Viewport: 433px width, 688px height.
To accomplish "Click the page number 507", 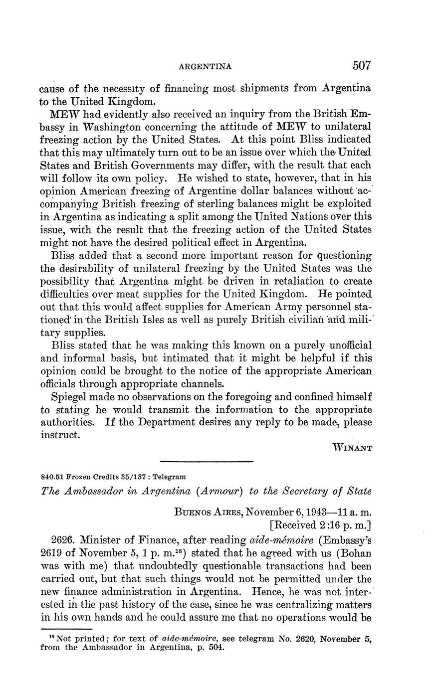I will pos(362,65).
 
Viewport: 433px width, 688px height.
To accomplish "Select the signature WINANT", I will pos(352,448).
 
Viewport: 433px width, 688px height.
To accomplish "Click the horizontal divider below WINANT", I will pos(207,461).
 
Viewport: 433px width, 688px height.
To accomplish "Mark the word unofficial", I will pos(344,345).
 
